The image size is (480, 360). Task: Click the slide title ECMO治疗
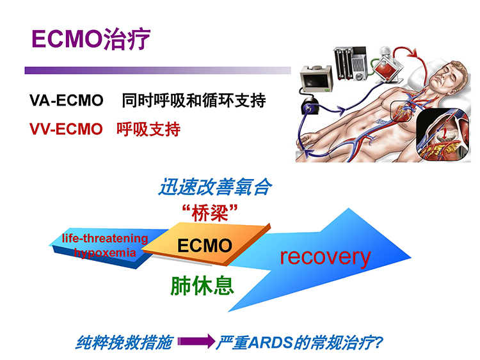(91, 39)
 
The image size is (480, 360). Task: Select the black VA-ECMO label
(66, 100)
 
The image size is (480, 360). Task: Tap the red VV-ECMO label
(66, 129)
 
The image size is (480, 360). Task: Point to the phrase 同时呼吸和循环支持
(194, 100)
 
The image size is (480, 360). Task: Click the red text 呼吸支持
(148, 129)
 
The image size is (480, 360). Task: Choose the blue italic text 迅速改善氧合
(215, 187)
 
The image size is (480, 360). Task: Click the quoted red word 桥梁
(210, 213)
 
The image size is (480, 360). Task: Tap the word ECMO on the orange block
(205, 246)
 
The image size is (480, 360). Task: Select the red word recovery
(325, 257)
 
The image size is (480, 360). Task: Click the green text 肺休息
(202, 286)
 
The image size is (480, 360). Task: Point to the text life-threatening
(105, 239)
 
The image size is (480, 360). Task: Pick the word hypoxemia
(105, 253)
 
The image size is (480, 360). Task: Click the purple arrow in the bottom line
(196, 341)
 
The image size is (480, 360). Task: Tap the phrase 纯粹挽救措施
(125, 343)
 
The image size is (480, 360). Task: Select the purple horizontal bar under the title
(157, 70)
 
